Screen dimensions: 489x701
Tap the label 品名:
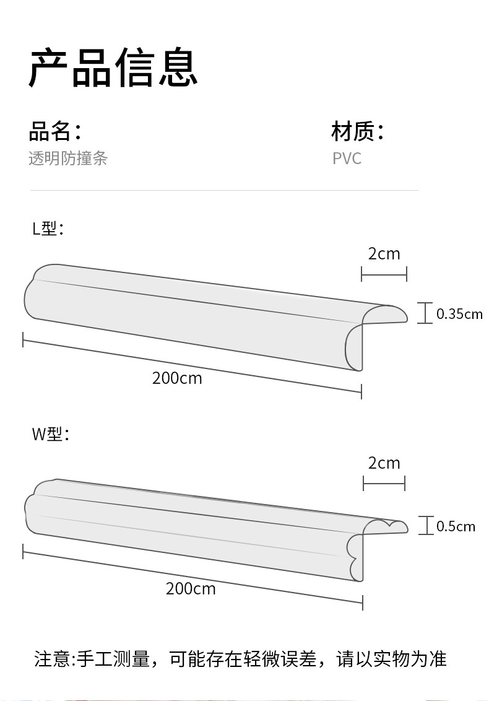(x=55, y=131)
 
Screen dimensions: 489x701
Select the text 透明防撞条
(x=68, y=159)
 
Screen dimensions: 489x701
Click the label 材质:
(x=358, y=131)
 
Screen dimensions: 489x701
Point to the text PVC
(x=347, y=159)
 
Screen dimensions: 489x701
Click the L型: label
(x=48, y=229)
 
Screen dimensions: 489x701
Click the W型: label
(x=50, y=433)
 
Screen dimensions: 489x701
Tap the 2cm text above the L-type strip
(x=384, y=254)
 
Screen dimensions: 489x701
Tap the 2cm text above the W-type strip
(x=384, y=463)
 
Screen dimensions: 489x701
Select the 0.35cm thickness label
(x=459, y=314)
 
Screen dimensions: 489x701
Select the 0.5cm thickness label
(x=456, y=526)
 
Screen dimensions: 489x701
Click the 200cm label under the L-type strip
(x=177, y=378)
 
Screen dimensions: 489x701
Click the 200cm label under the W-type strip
(x=191, y=588)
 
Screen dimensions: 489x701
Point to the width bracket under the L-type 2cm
(x=384, y=273)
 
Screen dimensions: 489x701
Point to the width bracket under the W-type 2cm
(x=384, y=483)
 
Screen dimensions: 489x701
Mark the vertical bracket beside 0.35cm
(x=425, y=313)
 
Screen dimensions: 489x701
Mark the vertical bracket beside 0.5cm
(x=425, y=526)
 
